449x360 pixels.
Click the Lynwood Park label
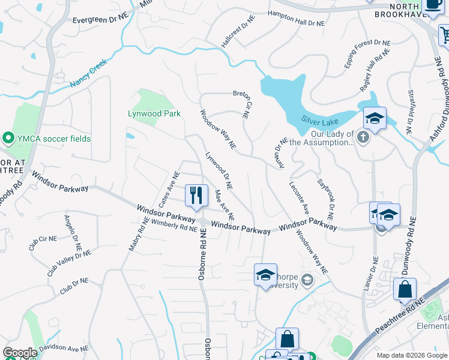154,113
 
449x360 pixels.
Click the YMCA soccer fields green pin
8,139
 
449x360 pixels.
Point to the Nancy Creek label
88,73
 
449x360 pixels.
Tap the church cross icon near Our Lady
363,138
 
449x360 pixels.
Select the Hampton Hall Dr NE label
296,19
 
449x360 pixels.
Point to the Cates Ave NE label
169,190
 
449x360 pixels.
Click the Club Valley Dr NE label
69,263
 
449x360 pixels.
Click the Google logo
20,353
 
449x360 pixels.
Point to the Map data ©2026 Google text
411,355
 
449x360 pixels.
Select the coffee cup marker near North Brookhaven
433,5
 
